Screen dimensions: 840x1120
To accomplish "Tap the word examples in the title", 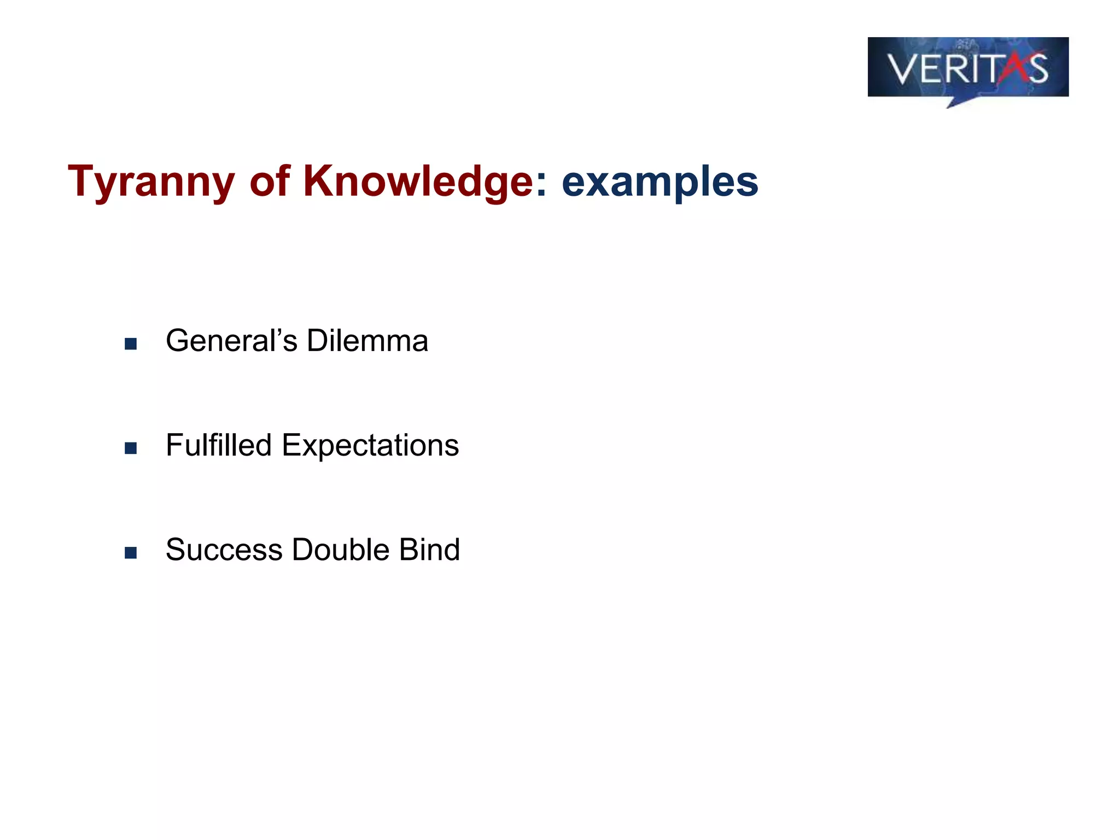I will (660, 182).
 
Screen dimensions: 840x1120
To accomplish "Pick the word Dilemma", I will (367, 341).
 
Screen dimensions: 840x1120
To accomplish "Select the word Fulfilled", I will (219, 445).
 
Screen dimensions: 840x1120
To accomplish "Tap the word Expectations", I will (370, 446).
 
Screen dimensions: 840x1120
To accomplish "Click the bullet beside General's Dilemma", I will (131, 343).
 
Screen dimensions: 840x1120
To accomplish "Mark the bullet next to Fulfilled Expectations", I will (131, 448).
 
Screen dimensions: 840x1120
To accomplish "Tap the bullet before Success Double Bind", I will (131, 552).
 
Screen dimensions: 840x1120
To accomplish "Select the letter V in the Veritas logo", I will (902, 69).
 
